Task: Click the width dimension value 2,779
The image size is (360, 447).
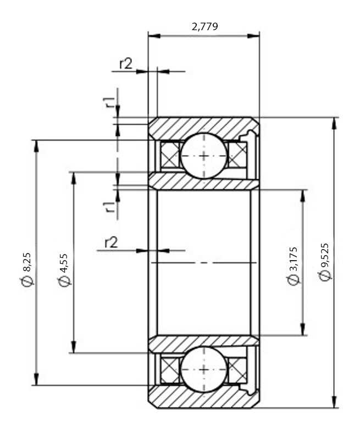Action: pyautogui.click(x=204, y=26)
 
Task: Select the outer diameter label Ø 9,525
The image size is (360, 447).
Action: pyautogui.click(x=324, y=262)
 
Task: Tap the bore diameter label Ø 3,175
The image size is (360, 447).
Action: pyautogui.click(x=293, y=266)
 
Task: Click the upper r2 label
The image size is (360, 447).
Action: pyautogui.click(x=126, y=64)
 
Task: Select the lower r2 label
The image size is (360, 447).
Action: pyautogui.click(x=111, y=243)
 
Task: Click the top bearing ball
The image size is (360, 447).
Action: pyautogui.click(x=203, y=156)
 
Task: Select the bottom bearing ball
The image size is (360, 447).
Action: pyautogui.click(x=203, y=369)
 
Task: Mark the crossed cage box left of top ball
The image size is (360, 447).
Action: pyautogui.click(x=170, y=156)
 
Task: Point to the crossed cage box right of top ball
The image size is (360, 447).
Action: pyautogui.click(x=237, y=156)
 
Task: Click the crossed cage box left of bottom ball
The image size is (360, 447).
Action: pyautogui.click(x=170, y=369)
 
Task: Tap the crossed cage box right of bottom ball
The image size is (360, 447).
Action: pyautogui.click(x=237, y=369)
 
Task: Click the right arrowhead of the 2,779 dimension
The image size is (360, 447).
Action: pyautogui.click(x=253, y=36)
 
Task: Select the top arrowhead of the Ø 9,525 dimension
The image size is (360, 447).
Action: pyautogui.click(x=335, y=124)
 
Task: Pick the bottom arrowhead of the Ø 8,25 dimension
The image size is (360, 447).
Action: pyautogui.click(x=36, y=379)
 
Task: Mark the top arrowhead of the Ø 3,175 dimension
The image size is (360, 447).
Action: pyautogui.click(x=303, y=196)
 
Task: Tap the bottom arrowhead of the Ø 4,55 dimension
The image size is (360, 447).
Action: pyautogui.click(x=74, y=346)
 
